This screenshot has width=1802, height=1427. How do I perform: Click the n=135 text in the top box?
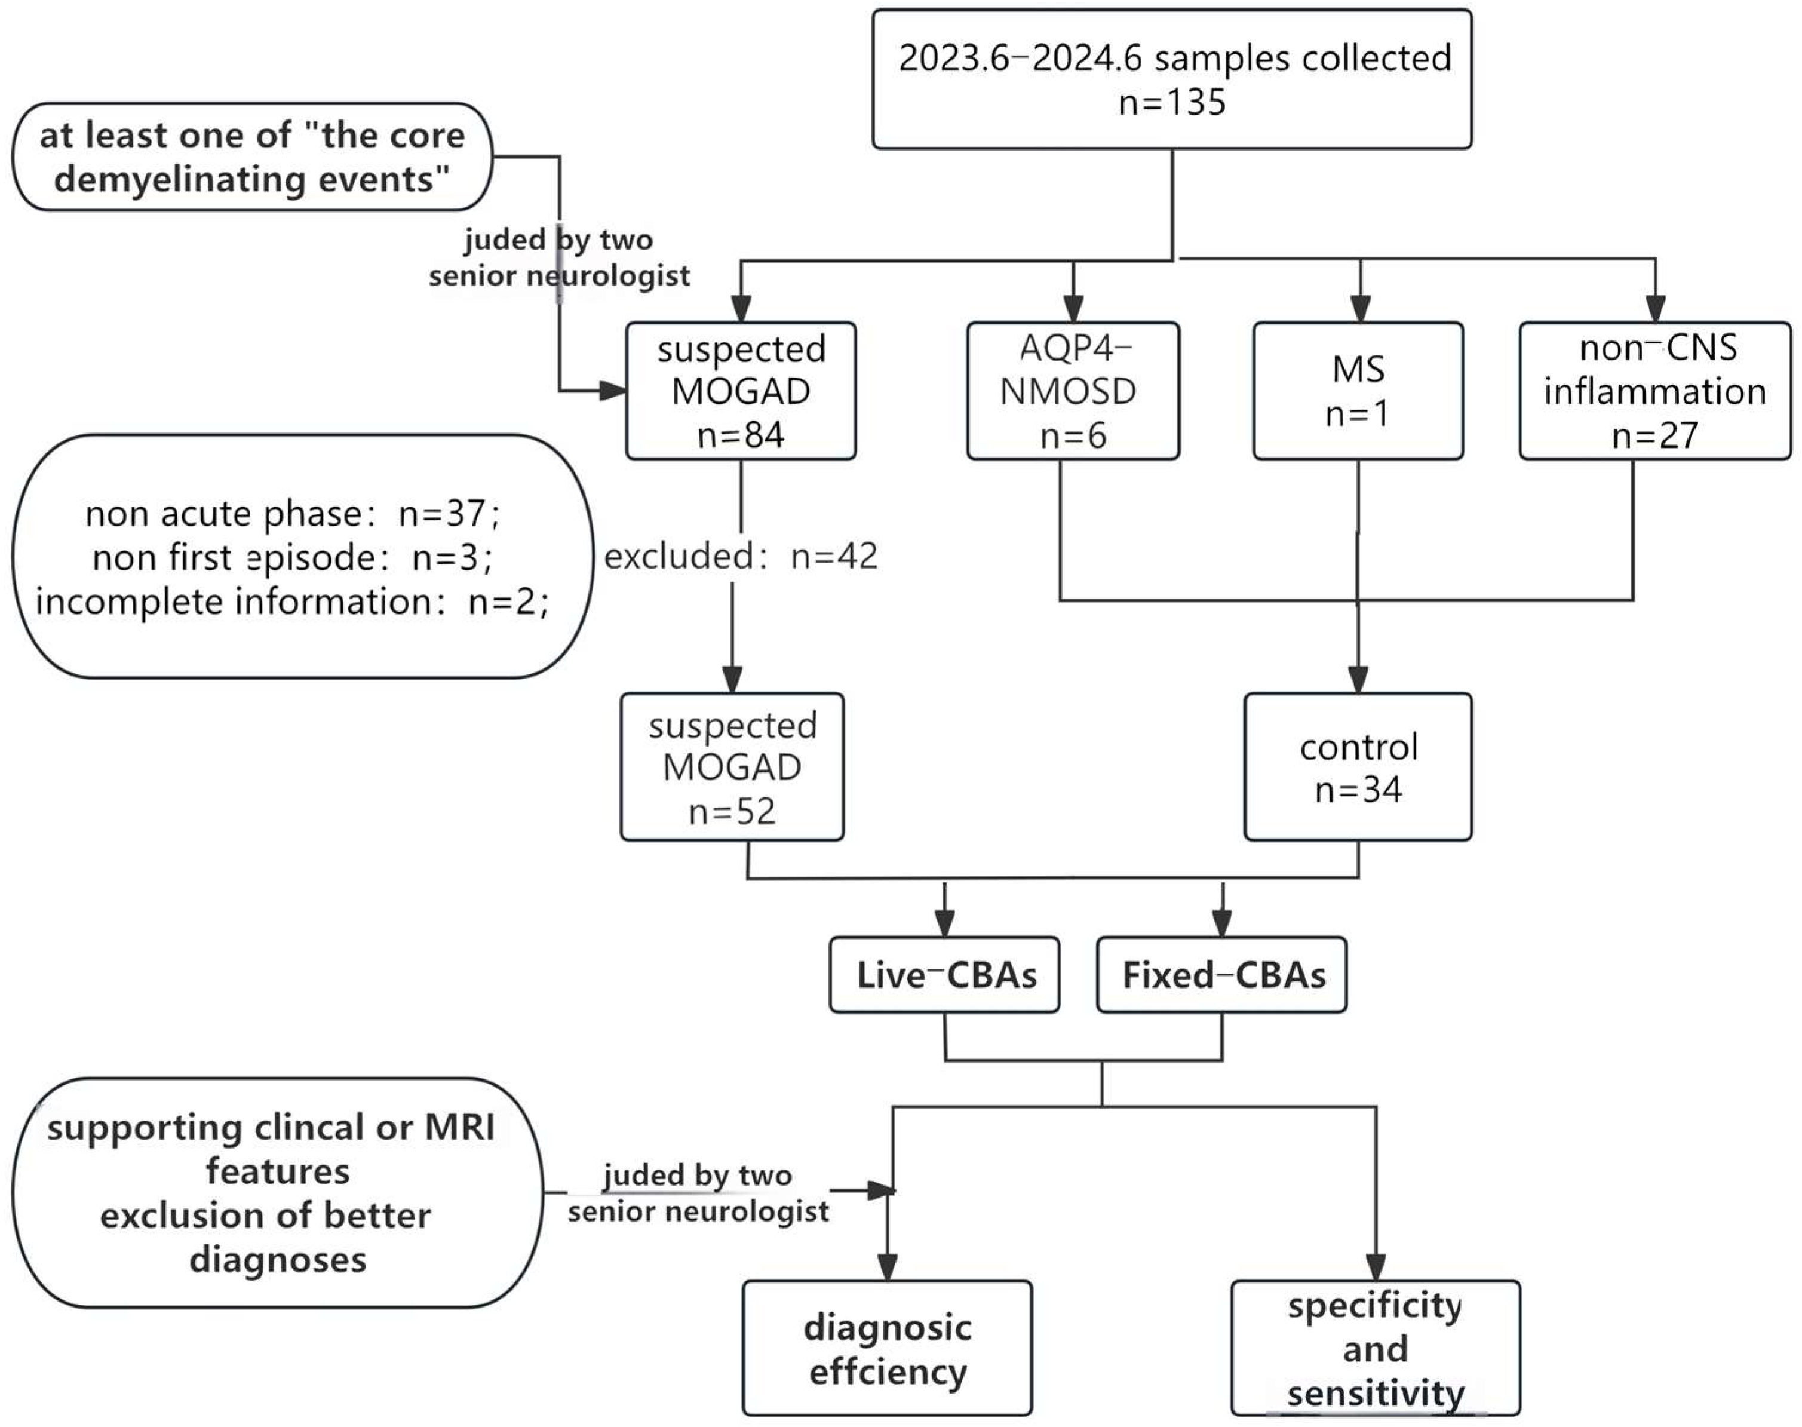click(x=1171, y=103)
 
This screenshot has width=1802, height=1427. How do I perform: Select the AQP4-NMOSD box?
click(x=1073, y=391)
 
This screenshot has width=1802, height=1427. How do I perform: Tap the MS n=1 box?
click(x=1358, y=391)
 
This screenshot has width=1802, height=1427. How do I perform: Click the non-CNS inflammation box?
click(x=1654, y=391)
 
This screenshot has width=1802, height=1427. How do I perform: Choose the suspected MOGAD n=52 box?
click(x=732, y=766)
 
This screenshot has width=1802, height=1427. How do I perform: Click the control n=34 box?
click(x=1358, y=766)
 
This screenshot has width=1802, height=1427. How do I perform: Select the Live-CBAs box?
click(x=945, y=975)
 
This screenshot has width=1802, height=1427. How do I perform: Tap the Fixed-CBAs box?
click(x=1221, y=975)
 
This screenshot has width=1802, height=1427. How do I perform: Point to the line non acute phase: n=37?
click(x=293, y=513)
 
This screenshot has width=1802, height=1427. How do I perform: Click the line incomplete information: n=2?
click(x=293, y=602)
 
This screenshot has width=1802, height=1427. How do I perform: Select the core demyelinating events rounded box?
click(x=252, y=157)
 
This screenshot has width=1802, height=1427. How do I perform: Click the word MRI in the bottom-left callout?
click(x=459, y=1127)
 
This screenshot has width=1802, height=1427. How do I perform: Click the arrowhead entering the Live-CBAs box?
click(x=945, y=924)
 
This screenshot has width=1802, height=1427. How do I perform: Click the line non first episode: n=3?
click(x=293, y=557)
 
